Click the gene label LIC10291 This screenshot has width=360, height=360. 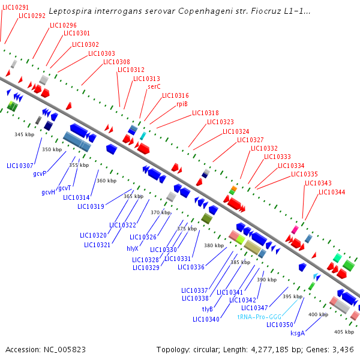click(14, 7)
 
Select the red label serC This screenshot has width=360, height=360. click(154, 86)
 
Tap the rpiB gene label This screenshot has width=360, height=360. click(182, 104)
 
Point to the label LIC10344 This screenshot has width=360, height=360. click(332, 192)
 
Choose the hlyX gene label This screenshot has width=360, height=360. click(133, 248)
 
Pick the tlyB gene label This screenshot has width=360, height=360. click(208, 309)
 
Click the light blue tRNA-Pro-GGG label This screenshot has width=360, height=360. click(259, 316)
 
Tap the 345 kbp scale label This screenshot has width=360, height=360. click(25, 134)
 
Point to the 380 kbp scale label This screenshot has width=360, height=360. click(213, 245)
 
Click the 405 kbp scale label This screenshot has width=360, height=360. click(344, 332)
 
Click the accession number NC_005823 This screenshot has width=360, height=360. click(59, 349)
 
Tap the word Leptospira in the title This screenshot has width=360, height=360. click(68, 11)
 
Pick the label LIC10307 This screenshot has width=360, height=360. click(20, 165)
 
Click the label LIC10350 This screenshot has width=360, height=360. click(280, 325)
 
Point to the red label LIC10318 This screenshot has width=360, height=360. click(205, 113)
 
